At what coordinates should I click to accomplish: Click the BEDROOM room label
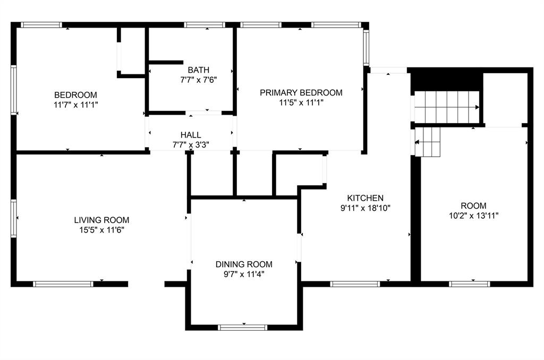(x=75, y=95)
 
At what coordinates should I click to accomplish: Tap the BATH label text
(x=198, y=70)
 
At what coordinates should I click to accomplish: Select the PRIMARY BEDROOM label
(x=301, y=92)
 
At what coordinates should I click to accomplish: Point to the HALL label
(x=190, y=135)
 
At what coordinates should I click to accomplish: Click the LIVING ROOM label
(x=101, y=220)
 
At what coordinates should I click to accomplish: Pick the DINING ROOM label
(x=244, y=264)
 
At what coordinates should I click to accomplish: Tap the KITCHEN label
(x=365, y=198)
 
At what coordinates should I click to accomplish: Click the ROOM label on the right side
(x=473, y=205)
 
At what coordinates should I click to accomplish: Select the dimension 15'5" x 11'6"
(x=101, y=230)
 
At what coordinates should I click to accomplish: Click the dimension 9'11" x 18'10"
(x=365, y=208)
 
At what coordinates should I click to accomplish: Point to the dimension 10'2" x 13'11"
(x=473, y=216)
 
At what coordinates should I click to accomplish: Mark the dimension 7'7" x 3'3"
(x=190, y=144)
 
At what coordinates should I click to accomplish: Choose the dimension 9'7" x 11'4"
(x=244, y=274)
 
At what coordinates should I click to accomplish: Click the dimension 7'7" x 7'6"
(x=198, y=80)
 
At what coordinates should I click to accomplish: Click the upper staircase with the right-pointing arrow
(x=446, y=107)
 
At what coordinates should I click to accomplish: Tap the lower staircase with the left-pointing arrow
(x=428, y=142)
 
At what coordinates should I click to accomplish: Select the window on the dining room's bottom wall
(x=243, y=328)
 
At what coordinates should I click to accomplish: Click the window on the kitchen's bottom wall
(x=355, y=284)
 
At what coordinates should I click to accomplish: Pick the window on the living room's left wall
(x=14, y=217)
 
